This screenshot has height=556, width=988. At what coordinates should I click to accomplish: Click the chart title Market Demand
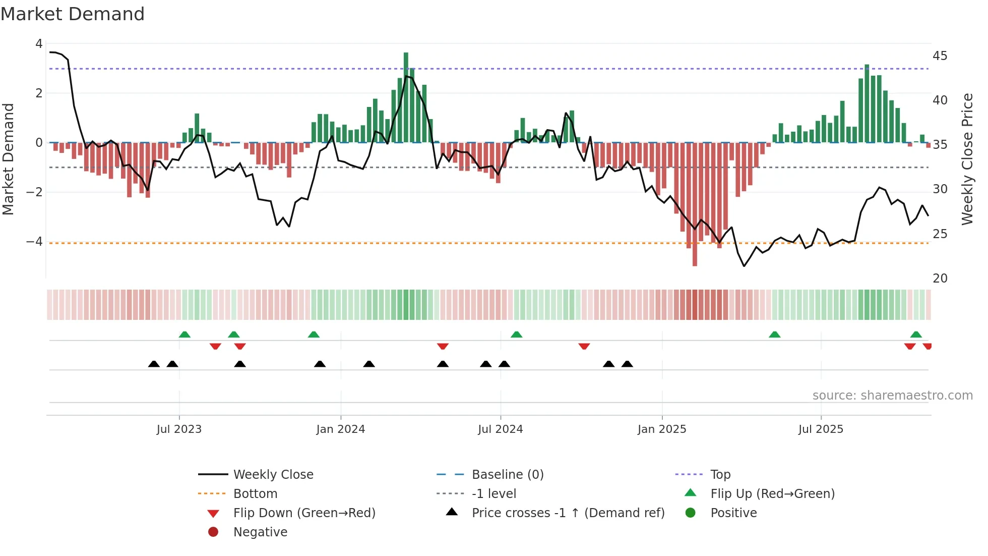tap(73, 14)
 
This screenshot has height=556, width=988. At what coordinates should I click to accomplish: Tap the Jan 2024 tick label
tap(340, 429)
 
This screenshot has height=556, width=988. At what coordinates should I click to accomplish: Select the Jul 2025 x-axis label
tap(820, 429)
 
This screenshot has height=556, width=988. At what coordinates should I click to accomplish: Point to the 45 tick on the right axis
tap(940, 56)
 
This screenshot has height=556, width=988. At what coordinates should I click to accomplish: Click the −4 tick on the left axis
tap(35, 242)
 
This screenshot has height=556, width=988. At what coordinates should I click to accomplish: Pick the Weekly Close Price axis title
tap(967, 159)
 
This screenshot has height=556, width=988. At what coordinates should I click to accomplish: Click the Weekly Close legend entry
tap(273, 475)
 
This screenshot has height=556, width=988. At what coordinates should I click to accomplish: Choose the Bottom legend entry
tap(255, 494)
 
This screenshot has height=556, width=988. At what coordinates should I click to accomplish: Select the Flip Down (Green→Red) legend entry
tap(304, 513)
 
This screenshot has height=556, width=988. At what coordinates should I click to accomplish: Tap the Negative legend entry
tap(260, 532)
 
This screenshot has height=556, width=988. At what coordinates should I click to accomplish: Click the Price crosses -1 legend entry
tap(568, 513)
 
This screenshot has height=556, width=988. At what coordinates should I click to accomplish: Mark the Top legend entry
tap(720, 475)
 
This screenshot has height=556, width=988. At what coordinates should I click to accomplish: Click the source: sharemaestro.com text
tap(892, 396)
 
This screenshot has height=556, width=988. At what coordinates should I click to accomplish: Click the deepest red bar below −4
tap(695, 204)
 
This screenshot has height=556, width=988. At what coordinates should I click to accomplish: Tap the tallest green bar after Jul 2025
tap(867, 103)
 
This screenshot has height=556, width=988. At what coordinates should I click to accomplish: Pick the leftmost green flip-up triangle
tap(184, 335)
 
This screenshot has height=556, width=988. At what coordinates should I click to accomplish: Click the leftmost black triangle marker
tap(154, 364)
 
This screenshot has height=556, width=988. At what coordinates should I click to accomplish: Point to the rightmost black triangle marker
tap(627, 364)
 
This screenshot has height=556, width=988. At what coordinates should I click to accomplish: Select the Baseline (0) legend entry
tap(507, 475)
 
